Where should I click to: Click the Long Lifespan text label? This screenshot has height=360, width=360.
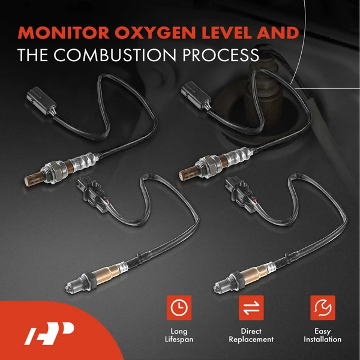[x=178, y=335]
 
